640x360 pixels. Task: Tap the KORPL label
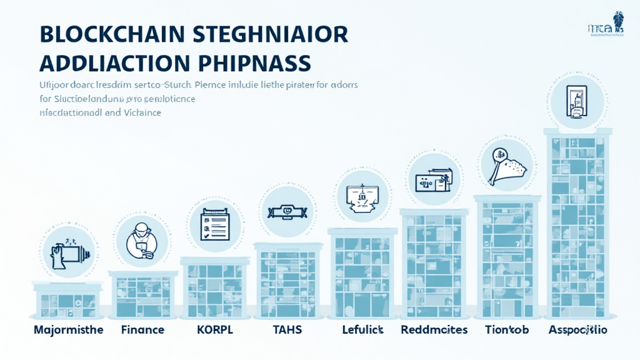pyautogui.click(x=214, y=329)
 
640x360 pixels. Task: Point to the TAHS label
pyautogui.click(x=288, y=329)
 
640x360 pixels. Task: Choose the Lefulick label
pyautogui.click(x=362, y=329)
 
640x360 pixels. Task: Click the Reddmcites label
pyautogui.click(x=434, y=329)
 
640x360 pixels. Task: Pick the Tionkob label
pyautogui.click(x=507, y=329)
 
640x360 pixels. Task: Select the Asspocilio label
pyautogui.click(x=577, y=329)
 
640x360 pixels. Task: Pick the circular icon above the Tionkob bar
pyautogui.click(x=507, y=164)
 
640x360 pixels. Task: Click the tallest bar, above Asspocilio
pyautogui.click(x=577, y=225)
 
